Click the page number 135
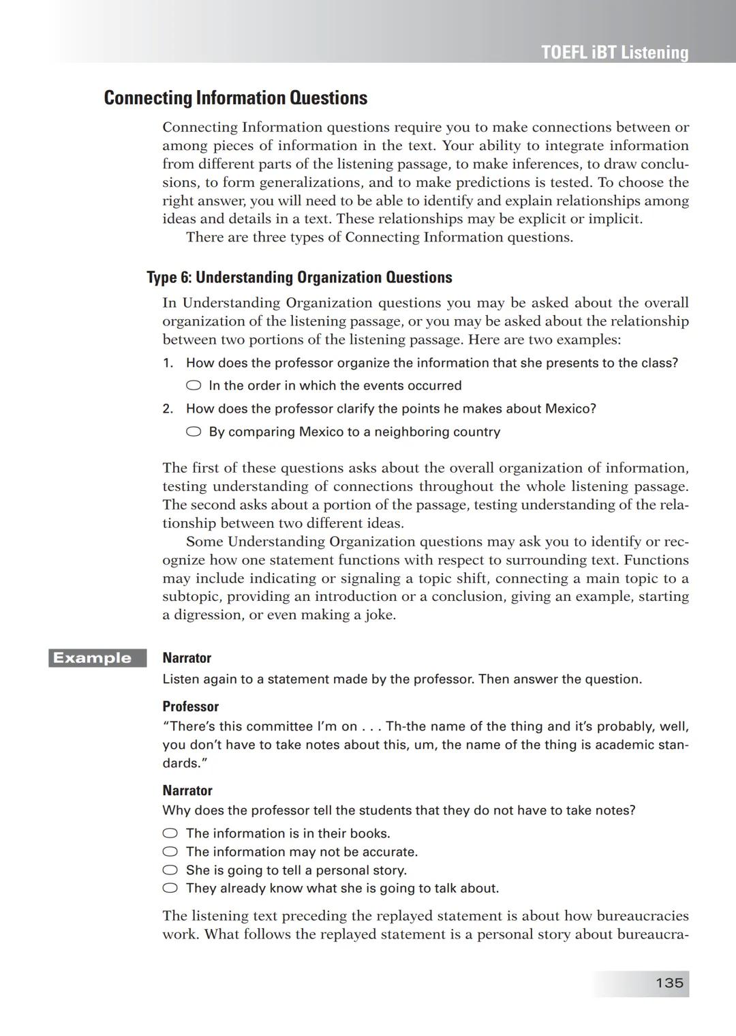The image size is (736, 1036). [x=669, y=983]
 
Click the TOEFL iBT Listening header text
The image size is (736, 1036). [x=615, y=53]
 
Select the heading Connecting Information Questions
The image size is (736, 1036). [x=235, y=98]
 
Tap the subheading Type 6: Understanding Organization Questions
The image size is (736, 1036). [x=299, y=278]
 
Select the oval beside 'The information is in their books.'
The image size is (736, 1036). [x=170, y=833]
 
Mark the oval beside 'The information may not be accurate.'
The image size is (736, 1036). [x=170, y=852]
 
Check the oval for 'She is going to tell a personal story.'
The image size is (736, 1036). [x=170, y=870]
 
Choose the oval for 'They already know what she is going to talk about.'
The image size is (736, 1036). [x=170, y=888]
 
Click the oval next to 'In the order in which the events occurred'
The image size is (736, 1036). [x=194, y=385]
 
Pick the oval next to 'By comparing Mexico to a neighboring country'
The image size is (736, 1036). [x=194, y=432]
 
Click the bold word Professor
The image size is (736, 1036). [x=190, y=707]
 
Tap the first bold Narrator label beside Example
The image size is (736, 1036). [x=187, y=658]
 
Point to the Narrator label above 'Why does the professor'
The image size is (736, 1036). [x=187, y=790]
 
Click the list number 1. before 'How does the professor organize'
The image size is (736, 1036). [x=168, y=363]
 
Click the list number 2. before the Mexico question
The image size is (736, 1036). [x=168, y=409]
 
